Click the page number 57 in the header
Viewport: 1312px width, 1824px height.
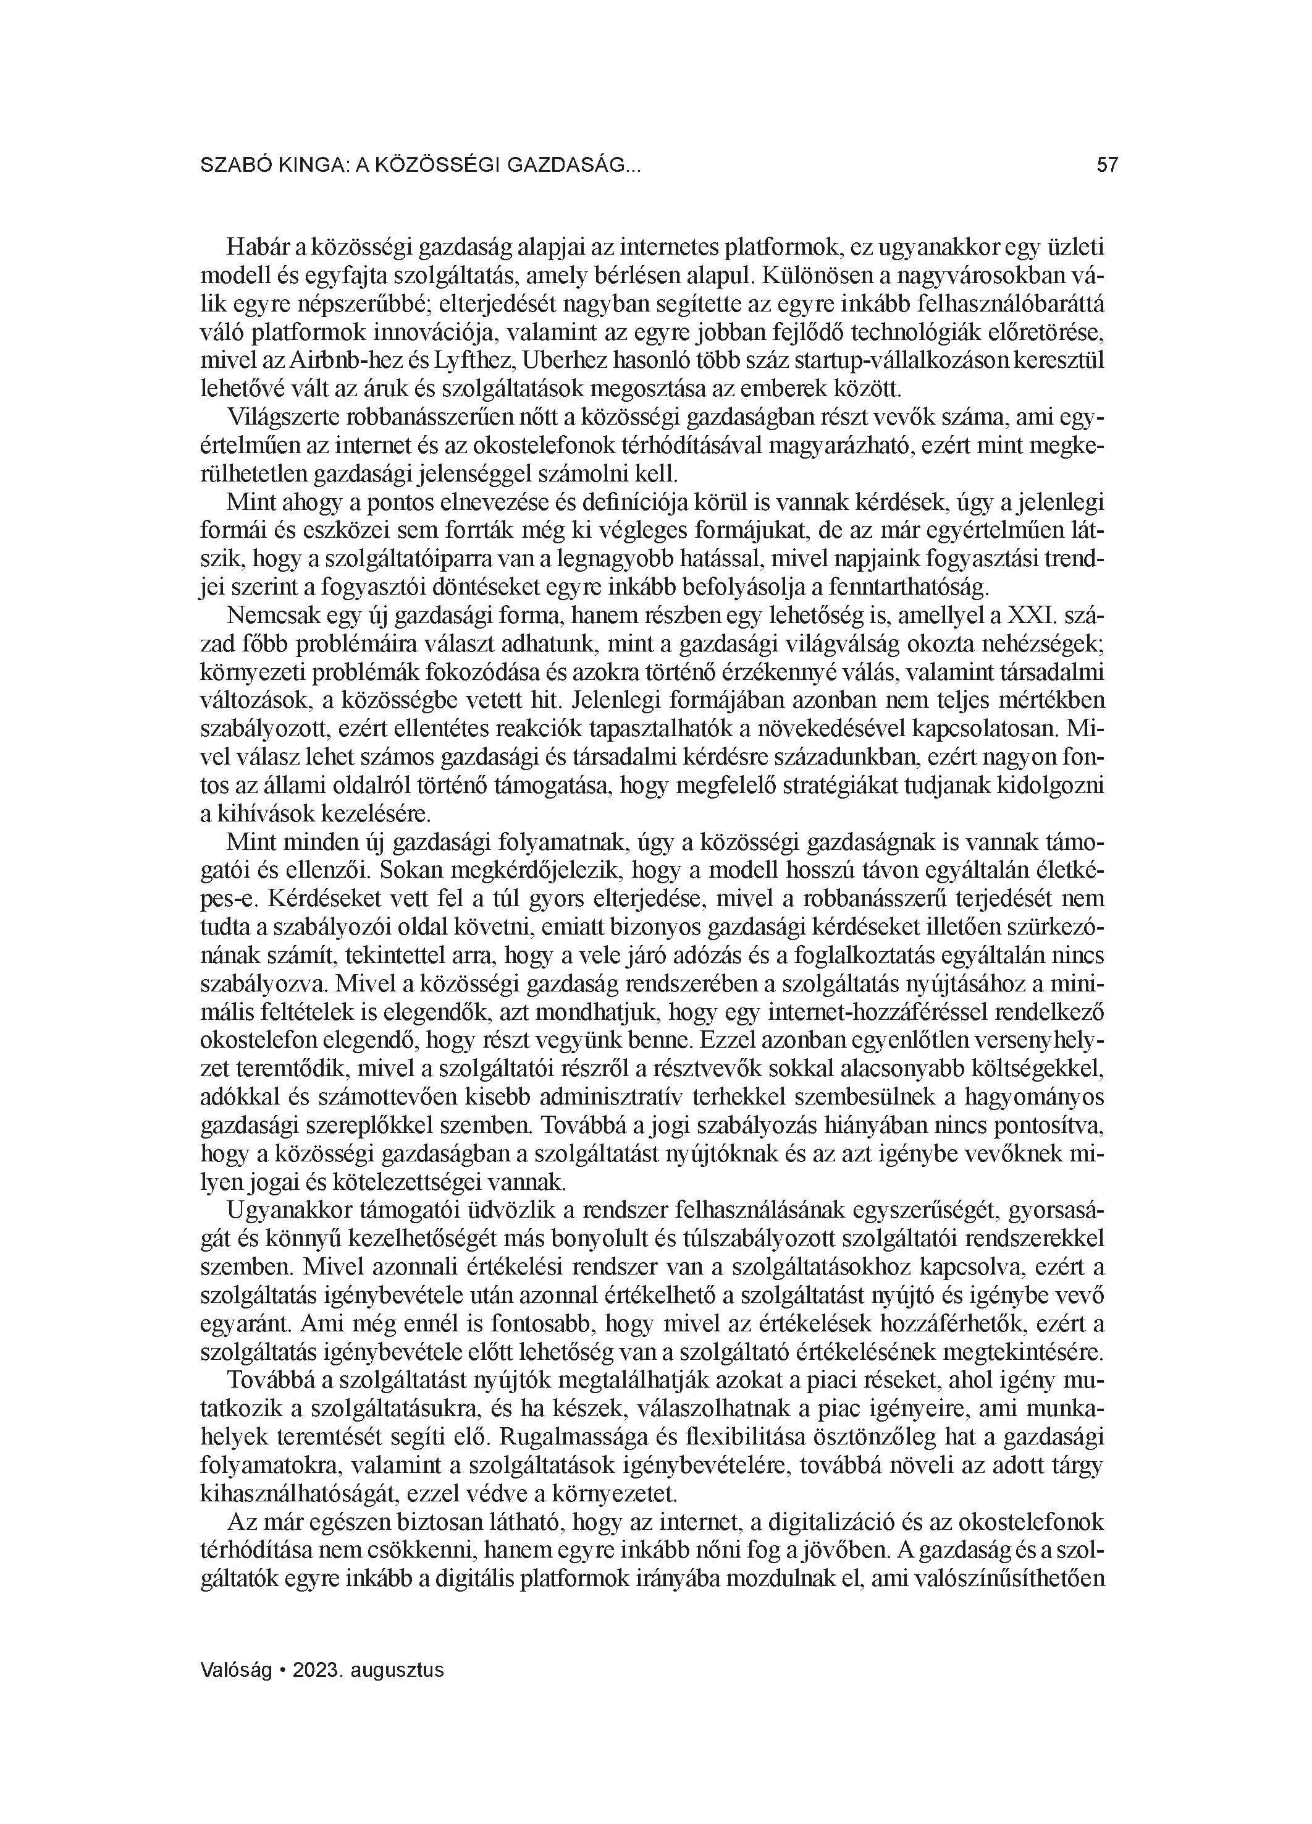[1107, 166]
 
